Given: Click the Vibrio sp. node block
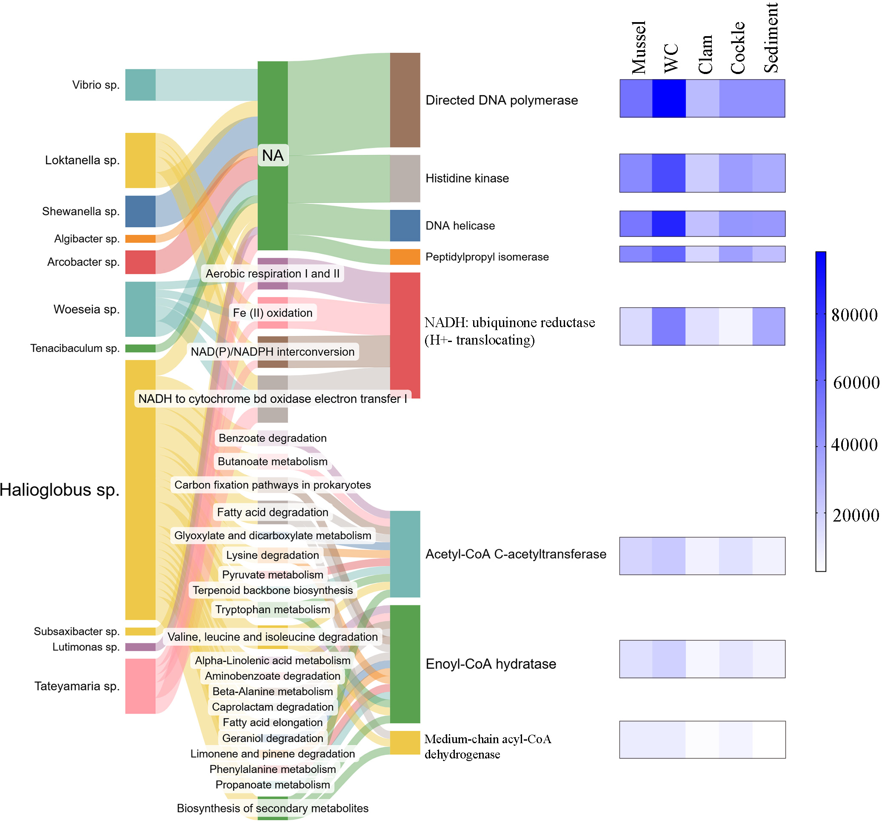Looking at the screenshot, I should (140, 85).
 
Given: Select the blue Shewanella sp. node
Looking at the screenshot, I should (140, 211).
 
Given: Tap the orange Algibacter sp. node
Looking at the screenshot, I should (140, 239).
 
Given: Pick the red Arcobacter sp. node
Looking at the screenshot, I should (140, 262).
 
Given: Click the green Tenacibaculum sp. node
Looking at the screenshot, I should (140, 348).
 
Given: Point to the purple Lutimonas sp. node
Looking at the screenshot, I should (140, 647).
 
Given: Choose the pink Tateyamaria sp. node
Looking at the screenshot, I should (140, 686).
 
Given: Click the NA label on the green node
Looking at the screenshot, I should (272, 155).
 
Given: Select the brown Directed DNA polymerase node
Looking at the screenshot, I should (405, 100).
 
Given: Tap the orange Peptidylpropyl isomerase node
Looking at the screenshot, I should (405, 257).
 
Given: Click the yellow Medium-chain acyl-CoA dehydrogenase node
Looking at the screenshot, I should (405, 742).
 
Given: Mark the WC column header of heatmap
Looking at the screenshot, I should (671, 58).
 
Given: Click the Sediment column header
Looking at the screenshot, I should (771, 38).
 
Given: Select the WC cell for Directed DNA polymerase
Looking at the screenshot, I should (668, 98).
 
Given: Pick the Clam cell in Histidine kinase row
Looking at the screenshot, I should (702, 173).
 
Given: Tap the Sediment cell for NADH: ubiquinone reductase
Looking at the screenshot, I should (768, 326).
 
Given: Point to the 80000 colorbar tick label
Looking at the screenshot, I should (854, 315).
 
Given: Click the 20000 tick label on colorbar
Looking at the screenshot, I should (855, 515).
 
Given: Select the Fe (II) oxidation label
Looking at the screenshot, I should (272, 313).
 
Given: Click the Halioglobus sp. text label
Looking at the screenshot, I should (60, 490).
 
